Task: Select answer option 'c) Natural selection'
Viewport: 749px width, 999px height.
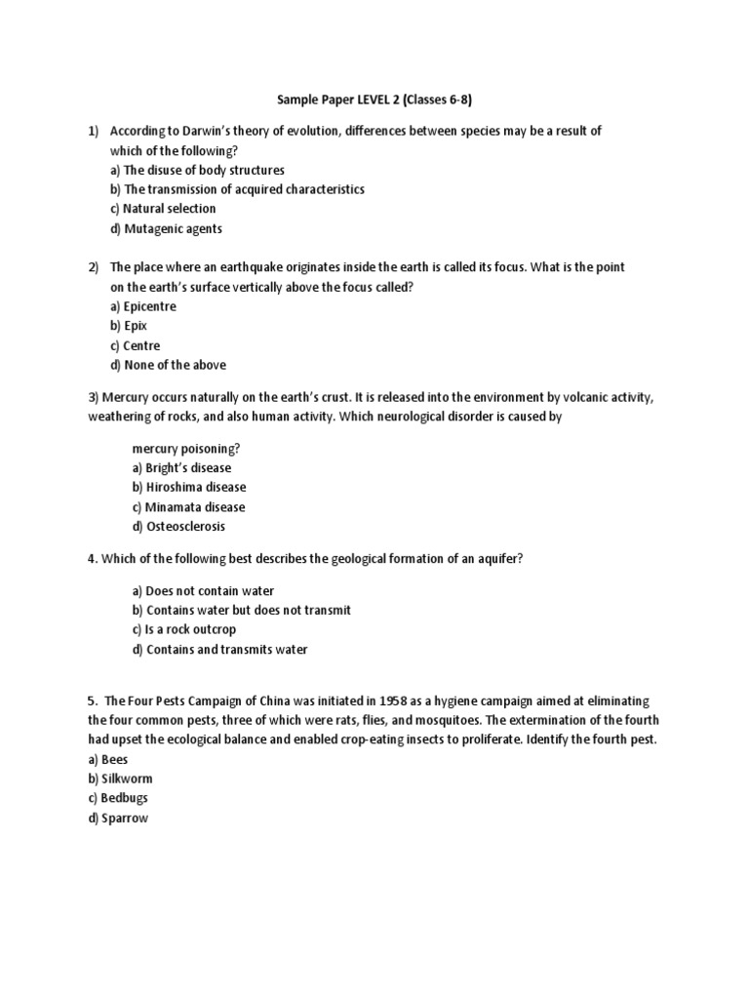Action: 163,209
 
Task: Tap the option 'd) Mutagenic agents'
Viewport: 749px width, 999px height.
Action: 166,229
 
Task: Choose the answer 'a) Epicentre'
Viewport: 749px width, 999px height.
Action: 143,306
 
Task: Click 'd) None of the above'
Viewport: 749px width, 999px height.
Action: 168,365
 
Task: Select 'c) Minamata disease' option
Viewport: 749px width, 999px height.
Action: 188,507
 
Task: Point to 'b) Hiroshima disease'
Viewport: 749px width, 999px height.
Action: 188,487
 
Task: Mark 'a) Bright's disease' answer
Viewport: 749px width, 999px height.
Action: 181,467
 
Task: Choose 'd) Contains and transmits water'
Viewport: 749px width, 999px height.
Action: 219,650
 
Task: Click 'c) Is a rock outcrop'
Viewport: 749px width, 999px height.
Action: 183,630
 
